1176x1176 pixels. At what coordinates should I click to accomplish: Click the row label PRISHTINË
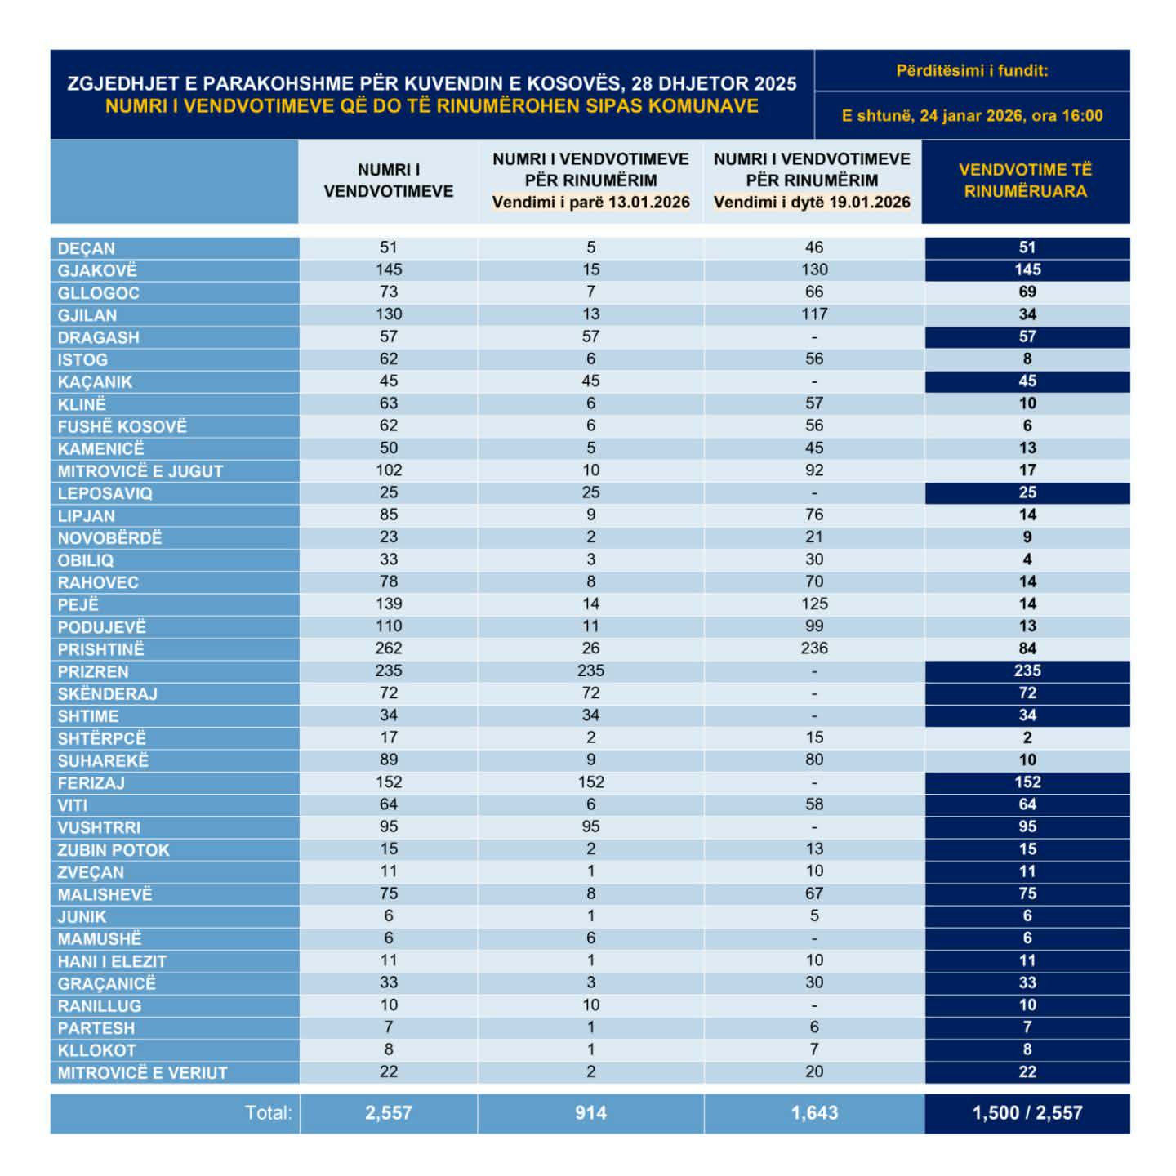coord(100,649)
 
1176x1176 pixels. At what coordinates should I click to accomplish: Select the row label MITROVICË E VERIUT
coord(142,1072)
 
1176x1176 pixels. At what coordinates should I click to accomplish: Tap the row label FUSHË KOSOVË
coord(122,426)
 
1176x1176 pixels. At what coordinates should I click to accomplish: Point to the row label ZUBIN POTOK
coord(114,850)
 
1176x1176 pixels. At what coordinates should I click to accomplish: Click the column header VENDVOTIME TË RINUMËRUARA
coord(1025,180)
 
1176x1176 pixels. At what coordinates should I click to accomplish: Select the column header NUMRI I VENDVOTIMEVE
coord(388,180)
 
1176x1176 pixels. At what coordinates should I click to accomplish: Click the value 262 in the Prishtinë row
coord(388,648)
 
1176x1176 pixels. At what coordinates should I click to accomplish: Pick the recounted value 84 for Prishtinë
coord(1027,648)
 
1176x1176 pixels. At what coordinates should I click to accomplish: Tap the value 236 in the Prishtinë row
coord(813,648)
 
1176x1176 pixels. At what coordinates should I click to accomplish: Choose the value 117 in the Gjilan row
coord(813,314)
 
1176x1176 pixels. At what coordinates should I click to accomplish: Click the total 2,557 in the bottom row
coord(388,1112)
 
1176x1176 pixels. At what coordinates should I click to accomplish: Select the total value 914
coord(590,1112)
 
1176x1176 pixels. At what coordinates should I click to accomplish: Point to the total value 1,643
coord(813,1112)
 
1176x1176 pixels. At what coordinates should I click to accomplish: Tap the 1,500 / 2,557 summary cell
coord(1027,1112)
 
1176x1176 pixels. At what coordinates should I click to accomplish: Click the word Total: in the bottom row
coord(268,1112)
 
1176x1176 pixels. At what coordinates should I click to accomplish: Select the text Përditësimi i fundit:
coord(972,71)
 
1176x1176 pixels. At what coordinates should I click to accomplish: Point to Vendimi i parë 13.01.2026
coord(590,203)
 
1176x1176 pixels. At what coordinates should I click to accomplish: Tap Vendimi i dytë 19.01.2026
coord(812,203)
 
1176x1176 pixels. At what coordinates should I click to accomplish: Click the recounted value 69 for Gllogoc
coord(1027,292)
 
